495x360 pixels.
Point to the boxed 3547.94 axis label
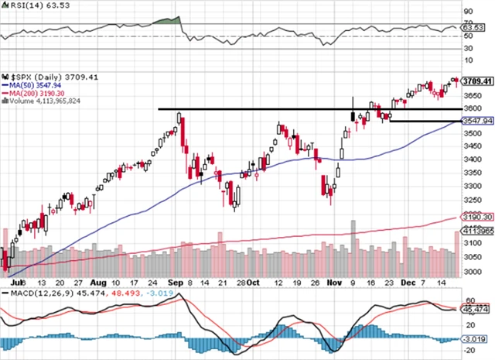click(476, 121)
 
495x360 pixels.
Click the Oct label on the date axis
click(253, 283)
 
